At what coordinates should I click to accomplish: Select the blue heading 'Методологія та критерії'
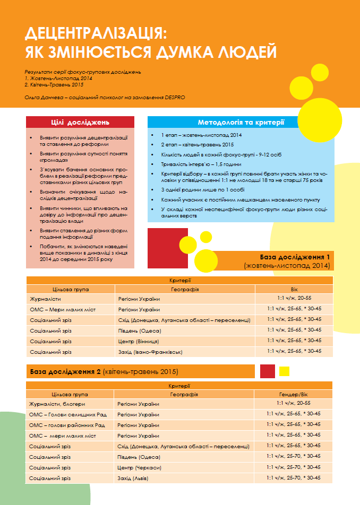pos(241,123)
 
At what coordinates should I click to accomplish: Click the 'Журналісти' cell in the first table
pos(45,299)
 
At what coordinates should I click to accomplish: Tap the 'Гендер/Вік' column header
pos(294,395)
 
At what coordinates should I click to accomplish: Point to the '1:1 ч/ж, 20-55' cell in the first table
pos(294,299)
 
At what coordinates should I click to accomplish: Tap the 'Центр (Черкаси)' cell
pos(141,467)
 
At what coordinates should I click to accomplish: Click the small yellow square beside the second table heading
pos(284,371)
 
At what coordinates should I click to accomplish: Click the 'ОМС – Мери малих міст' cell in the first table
pos(63,310)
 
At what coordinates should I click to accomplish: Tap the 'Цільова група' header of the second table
pos(71,395)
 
